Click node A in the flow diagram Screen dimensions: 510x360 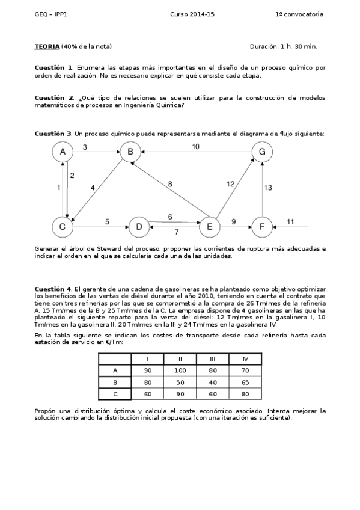pyautogui.click(x=63, y=153)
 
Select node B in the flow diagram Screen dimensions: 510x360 pyautogui.click(x=130, y=153)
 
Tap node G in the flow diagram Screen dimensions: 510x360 pyautogui.click(x=262, y=153)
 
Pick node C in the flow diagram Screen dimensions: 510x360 pyautogui.click(x=62, y=227)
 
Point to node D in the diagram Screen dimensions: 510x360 pyautogui.click(x=139, y=227)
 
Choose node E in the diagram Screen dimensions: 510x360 pyautogui.click(x=210, y=227)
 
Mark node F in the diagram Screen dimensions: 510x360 pyautogui.click(x=262, y=227)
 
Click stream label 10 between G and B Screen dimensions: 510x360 pyautogui.click(x=196, y=146)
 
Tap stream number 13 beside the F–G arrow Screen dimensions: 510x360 pyautogui.click(x=269, y=188)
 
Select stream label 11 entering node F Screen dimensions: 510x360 pyautogui.click(x=290, y=222)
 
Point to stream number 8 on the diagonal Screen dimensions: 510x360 pyautogui.click(x=170, y=183)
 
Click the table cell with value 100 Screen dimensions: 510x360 pyautogui.click(x=180, y=370)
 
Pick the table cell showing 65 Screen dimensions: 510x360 pyautogui.click(x=245, y=382)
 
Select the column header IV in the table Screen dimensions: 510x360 pyautogui.click(x=245, y=359)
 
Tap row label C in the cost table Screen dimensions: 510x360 pyautogui.click(x=115, y=393)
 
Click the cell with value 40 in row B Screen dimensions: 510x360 pyautogui.click(x=212, y=382)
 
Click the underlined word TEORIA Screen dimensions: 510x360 pyautogui.click(x=47, y=46)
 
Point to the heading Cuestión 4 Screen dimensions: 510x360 pyautogui.click(x=53, y=289)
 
